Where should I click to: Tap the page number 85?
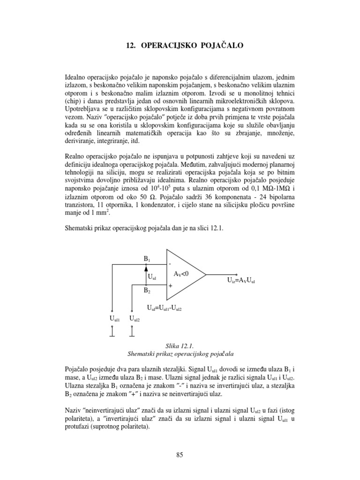pos(180,454)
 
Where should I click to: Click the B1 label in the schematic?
pos(147,258)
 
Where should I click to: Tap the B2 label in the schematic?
pos(147,291)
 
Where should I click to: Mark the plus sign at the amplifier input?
pos(170,285)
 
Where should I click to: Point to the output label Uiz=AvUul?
pos(243,281)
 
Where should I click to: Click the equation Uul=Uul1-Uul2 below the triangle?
pos(164,309)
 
